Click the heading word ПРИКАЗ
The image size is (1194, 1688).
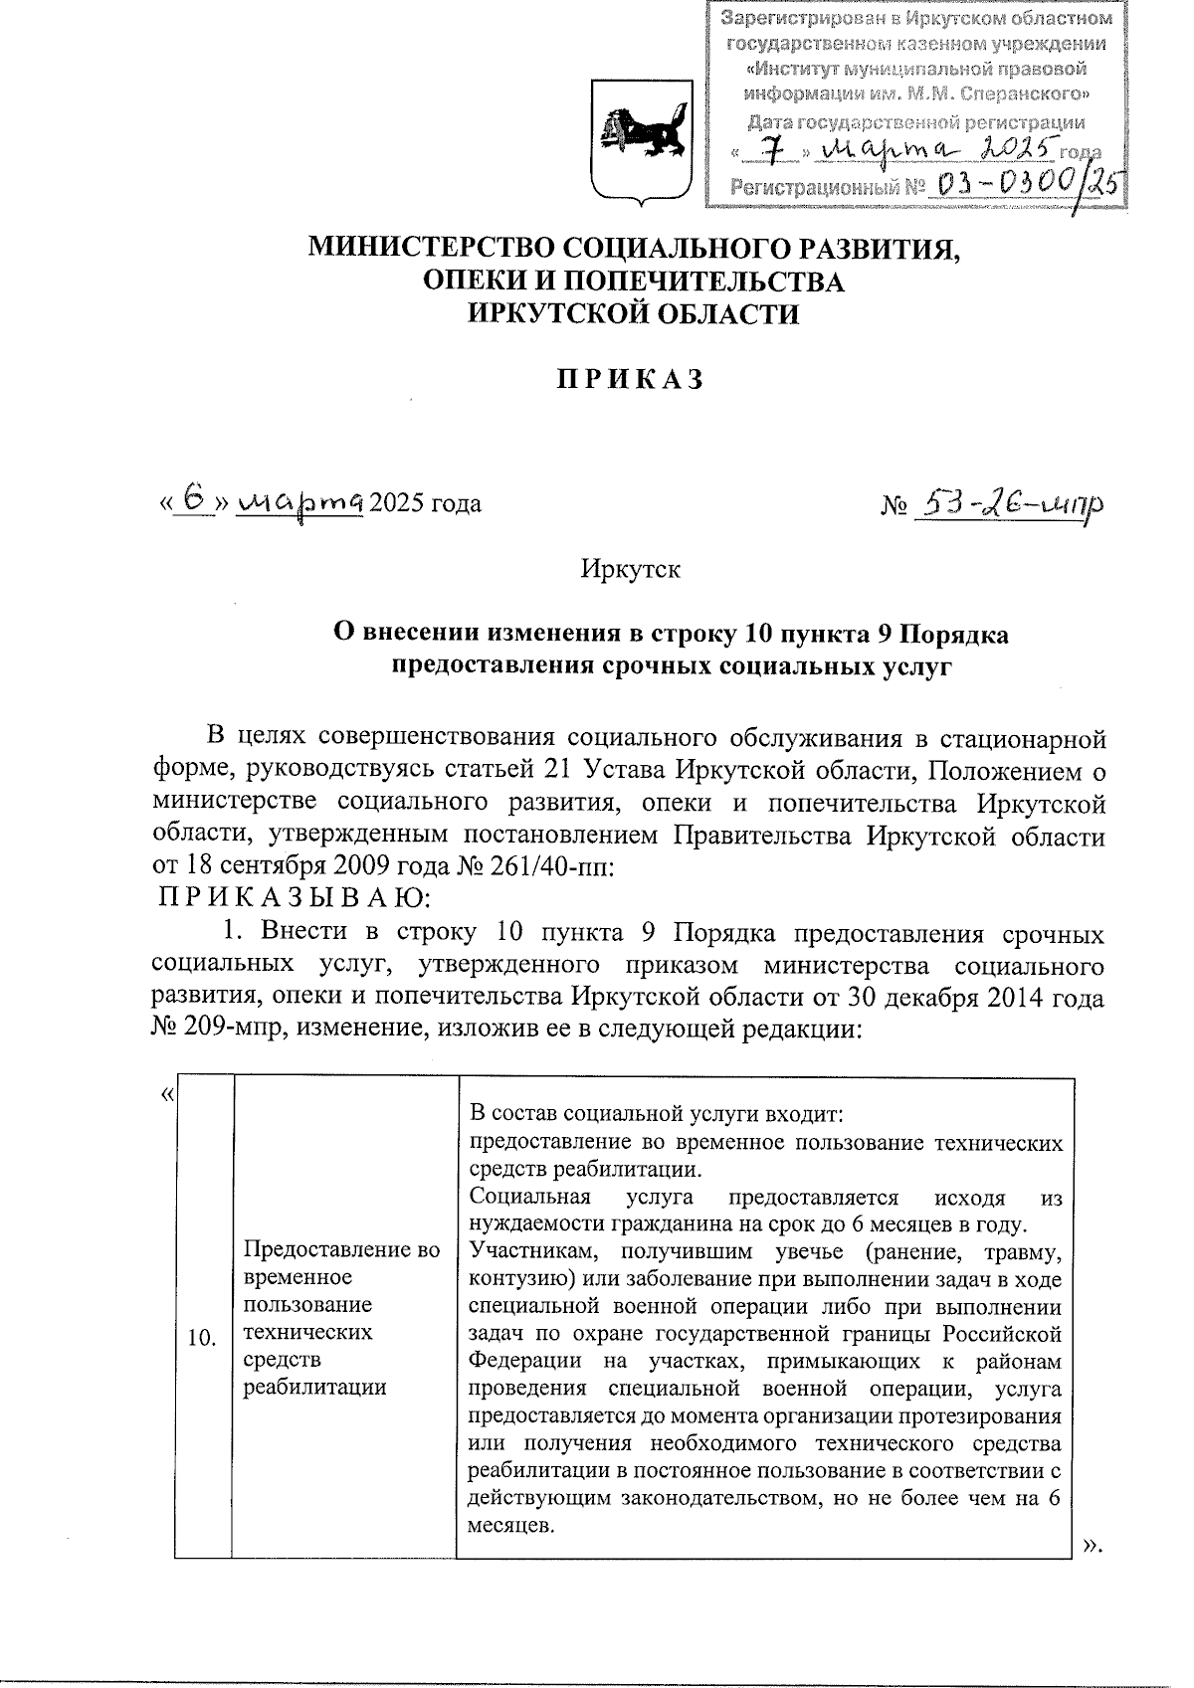(x=631, y=380)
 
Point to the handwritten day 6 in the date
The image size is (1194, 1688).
(x=196, y=500)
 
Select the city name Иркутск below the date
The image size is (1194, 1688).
(x=631, y=569)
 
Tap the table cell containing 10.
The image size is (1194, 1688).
(x=203, y=1339)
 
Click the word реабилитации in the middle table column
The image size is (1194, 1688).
(x=315, y=1387)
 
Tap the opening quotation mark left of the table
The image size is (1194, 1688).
(x=166, y=1093)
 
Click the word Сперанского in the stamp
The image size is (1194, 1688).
(x=1025, y=95)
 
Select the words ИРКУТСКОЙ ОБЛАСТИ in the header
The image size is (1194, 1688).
(x=634, y=314)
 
